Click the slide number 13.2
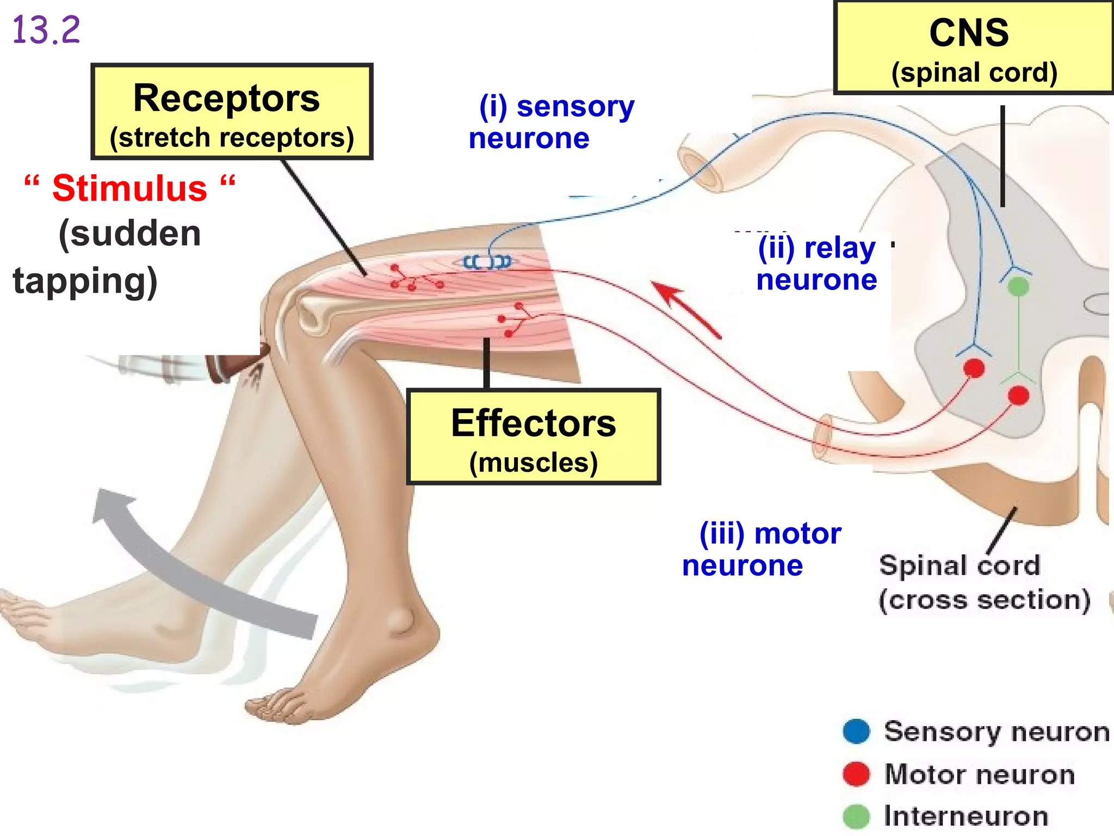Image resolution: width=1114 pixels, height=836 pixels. (x=46, y=30)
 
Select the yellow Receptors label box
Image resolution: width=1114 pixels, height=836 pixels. (x=232, y=112)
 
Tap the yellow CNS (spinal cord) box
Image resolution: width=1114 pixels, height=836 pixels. (x=974, y=48)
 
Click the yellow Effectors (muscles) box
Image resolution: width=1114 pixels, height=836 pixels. (x=534, y=437)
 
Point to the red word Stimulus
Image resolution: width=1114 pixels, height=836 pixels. (x=129, y=189)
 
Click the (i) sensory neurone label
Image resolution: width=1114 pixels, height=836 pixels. (x=552, y=122)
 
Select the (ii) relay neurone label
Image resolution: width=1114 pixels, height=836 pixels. (x=817, y=264)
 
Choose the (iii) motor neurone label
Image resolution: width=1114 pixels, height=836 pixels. (x=762, y=550)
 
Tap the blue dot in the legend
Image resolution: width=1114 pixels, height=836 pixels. (x=857, y=731)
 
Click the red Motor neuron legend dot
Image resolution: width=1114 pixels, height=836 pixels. (x=857, y=774)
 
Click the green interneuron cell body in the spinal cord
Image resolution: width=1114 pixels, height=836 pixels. (x=1018, y=286)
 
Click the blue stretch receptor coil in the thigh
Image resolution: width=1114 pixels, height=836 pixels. (x=487, y=262)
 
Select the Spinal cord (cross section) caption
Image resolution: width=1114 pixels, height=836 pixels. (x=985, y=582)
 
